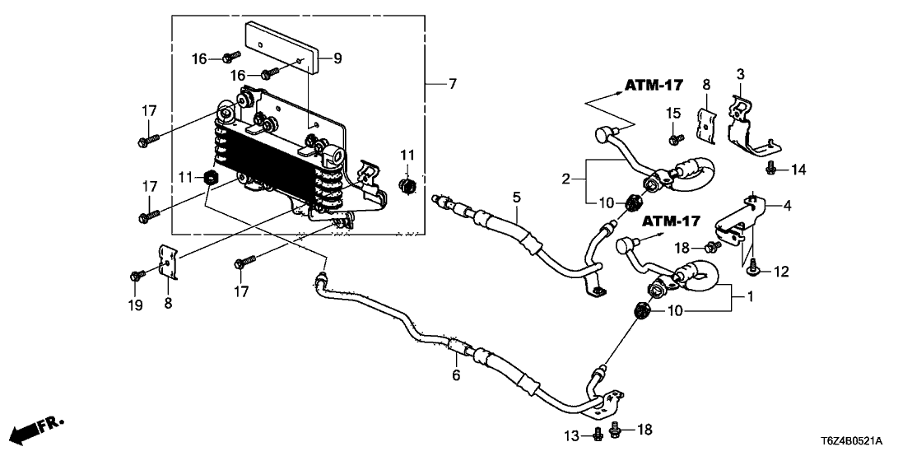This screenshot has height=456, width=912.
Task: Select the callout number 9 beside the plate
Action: (x=337, y=58)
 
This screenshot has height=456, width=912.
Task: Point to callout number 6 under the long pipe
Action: (x=455, y=377)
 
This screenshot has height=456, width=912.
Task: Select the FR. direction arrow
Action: (x=38, y=429)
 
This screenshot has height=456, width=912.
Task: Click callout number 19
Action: (x=136, y=306)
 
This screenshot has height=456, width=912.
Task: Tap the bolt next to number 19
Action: (x=137, y=274)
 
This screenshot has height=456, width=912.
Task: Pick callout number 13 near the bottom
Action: (x=577, y=434)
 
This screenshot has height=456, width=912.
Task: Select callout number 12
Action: (x=779, y=270)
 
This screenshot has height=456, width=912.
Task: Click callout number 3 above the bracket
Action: (x=740, y=75)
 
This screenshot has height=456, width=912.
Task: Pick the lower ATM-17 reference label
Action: (x=670, y=221)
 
